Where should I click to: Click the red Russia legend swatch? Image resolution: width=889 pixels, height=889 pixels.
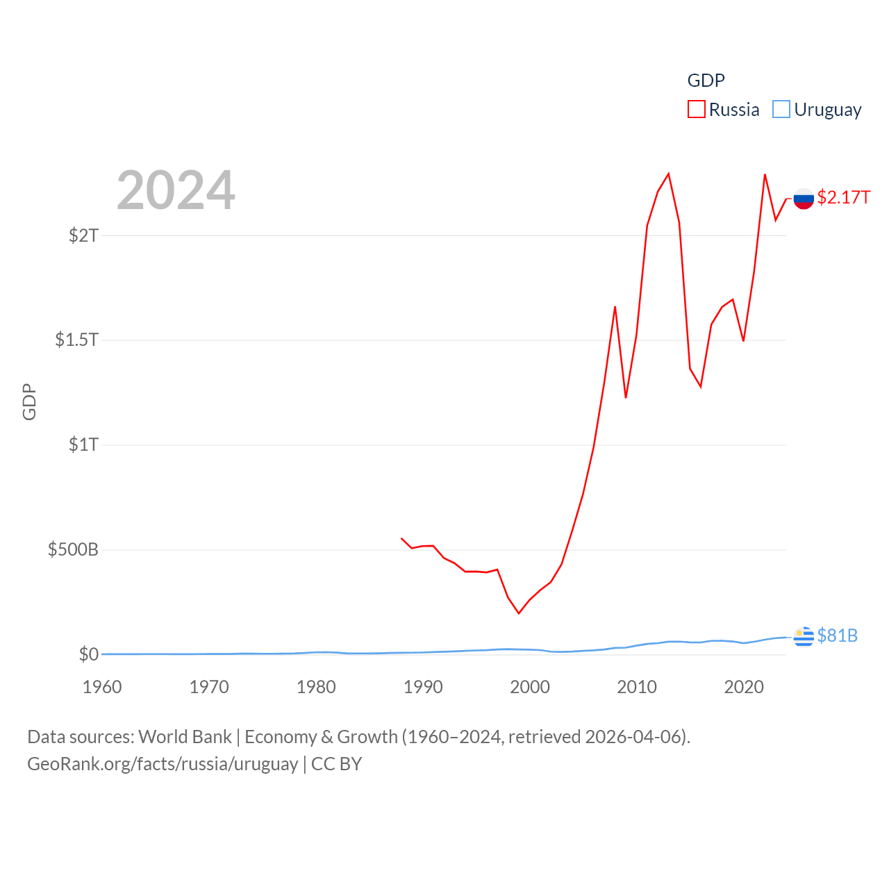[696, 109]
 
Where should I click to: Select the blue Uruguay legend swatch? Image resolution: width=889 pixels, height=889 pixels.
[781, 109]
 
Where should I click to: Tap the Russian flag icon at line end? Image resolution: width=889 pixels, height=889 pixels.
[804, 199]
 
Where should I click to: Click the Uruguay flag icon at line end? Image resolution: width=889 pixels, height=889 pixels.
[804, 636]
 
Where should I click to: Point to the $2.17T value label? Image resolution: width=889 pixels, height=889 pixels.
[843, 197]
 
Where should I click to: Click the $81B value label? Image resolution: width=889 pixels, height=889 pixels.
[837, 635]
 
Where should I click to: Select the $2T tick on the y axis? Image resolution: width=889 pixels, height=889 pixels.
[83, 235]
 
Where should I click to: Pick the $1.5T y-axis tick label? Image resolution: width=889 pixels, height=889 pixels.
[76, 340]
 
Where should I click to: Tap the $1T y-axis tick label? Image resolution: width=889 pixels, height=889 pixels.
[83, 444]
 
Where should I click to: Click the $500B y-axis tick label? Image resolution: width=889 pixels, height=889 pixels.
[73, 550]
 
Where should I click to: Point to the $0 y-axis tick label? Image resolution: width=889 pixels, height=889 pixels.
[88, 654]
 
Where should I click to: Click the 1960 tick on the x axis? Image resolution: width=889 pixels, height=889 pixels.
[102, 687]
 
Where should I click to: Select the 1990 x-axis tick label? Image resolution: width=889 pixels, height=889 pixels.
[423, 687]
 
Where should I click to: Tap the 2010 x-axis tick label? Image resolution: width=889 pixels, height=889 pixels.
[637, 687]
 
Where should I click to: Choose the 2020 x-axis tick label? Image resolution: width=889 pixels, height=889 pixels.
[744, 687]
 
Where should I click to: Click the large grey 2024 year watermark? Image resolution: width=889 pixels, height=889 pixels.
[176, 190]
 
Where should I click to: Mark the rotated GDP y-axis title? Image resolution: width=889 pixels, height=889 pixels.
[29, 401]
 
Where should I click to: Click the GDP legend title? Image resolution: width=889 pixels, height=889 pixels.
[706, 81]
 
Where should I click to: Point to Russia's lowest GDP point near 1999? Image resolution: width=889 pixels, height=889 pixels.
[518, 613]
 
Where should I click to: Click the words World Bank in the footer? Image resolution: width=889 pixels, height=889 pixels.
[185, 736]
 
